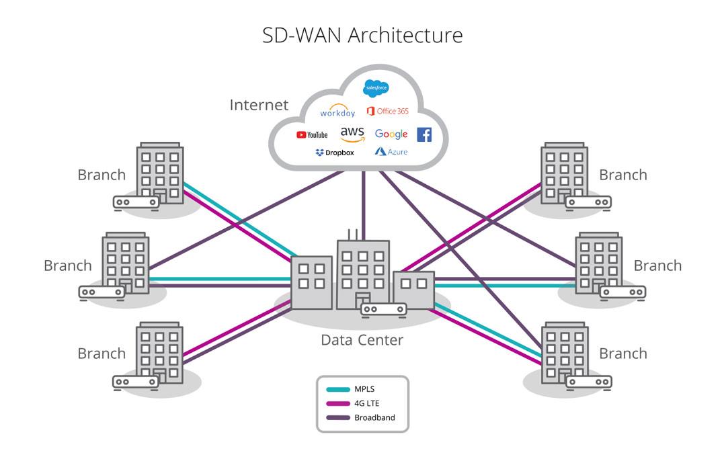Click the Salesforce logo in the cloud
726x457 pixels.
coord(376,88)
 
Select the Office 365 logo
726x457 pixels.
coord(387,111)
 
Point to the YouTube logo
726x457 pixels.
coord(312,135)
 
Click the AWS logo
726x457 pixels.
coord(352,134)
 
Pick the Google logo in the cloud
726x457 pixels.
coord(391,134)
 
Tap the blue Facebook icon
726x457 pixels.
coord(424,134)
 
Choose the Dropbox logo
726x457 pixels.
coord(335,153)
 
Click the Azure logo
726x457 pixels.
coord(391,152)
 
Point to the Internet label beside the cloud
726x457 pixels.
coord(259,105)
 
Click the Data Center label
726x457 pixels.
coord(362,340)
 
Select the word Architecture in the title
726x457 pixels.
coord(405,35)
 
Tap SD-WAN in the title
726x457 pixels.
coord(302,35)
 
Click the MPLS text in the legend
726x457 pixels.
coord(365,388)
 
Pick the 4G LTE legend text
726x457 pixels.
coord(367,403)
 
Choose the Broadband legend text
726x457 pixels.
coord(374,417)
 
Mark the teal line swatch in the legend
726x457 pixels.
coord(337,389)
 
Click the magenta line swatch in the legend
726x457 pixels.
coord(337,403)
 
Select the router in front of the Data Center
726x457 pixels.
coord(384,309)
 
